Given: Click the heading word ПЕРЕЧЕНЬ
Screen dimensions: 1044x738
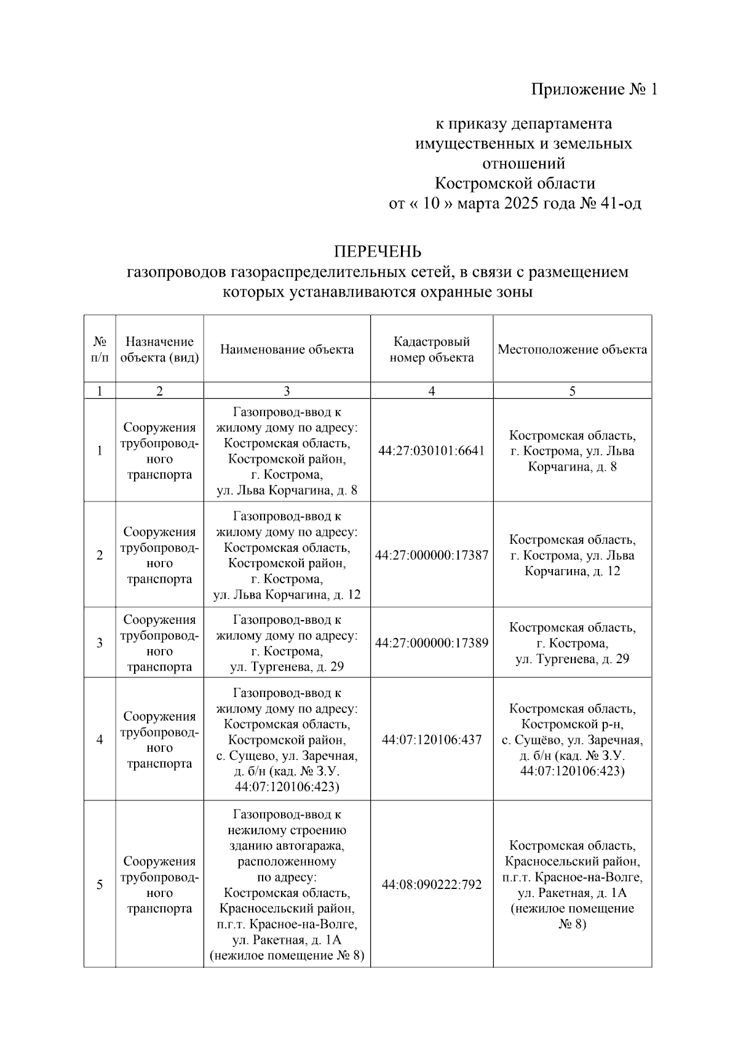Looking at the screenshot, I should click(378, 252).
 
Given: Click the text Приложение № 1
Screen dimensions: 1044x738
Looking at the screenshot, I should click(594, 90).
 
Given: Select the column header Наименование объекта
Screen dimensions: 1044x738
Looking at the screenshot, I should click(287, 349).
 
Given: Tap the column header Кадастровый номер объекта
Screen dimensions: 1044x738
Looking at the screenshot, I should click(431, 349).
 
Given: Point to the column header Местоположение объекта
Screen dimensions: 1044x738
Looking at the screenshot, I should click(572, 349).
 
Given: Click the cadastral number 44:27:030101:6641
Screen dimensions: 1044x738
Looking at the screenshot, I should click(431, 451).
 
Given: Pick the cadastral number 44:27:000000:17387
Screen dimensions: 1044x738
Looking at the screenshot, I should click(431, 556).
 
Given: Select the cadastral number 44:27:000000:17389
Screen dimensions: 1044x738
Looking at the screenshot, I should click(431, 643).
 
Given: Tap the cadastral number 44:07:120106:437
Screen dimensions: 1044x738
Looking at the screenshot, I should click(431, 739).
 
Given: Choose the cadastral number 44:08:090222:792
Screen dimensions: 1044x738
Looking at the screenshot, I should click(431, 885).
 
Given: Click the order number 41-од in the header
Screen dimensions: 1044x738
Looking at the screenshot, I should click(619, 204).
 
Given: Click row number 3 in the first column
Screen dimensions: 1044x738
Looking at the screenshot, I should click(100, 643).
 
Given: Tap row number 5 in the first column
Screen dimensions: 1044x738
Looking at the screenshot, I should click(100, 885).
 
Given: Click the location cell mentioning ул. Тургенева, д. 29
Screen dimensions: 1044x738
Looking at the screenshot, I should click(572, 643).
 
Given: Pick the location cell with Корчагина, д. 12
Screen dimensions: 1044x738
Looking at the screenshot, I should click(572, 556).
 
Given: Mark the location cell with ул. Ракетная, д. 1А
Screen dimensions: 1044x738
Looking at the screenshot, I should click(572, 885).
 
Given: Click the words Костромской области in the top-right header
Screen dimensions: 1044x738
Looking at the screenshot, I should click(515, 184).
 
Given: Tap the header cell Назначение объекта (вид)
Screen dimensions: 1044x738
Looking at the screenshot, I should click(159, 349).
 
